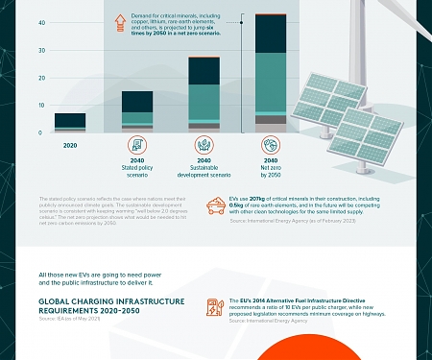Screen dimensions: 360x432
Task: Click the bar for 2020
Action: click(70, 122)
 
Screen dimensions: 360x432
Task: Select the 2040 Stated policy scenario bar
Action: click(136, 111)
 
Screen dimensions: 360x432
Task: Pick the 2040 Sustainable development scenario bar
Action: click(204, 94)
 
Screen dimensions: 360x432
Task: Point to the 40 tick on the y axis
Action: click(40, 21)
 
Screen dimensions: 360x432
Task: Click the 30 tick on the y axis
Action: click(40, 49)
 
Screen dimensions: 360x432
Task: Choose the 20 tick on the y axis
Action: click(40, 77)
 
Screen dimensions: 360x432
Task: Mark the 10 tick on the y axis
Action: click(40, 105)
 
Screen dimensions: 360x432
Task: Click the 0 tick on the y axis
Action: click(40, 132)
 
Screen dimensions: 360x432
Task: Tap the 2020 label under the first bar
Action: click(70, 146)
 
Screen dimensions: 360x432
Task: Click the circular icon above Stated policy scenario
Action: click(136, 146)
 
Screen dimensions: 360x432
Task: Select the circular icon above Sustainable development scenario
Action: click(204, 146)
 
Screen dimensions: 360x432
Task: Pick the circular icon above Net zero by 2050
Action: click(270, 146)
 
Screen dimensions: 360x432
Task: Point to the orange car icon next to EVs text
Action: click(216, 205)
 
